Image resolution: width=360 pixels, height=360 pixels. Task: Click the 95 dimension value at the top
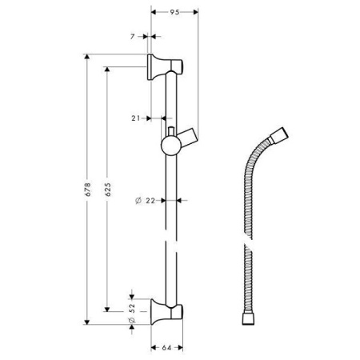pos(174,12)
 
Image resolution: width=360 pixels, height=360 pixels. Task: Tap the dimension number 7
pos(132,36)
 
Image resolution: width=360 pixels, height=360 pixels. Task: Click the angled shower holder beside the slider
pos(189,134)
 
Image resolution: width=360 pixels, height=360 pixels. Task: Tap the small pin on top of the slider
pos(170,130)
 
